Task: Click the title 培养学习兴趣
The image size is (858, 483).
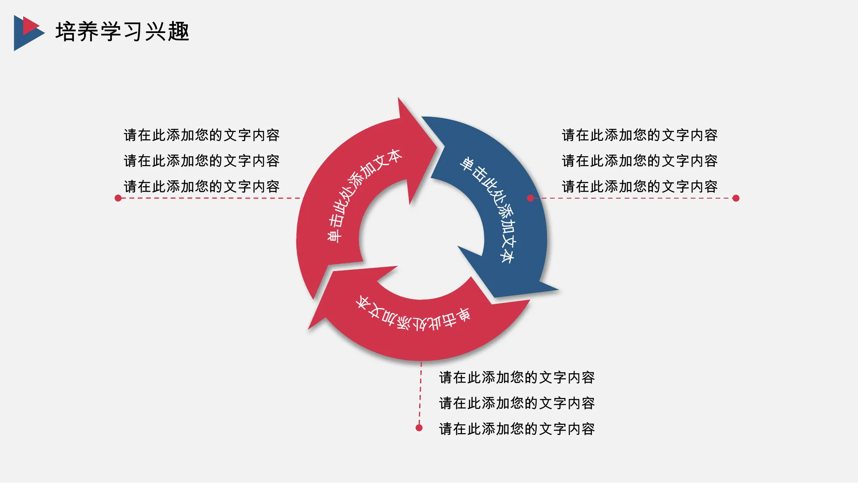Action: point(122,32)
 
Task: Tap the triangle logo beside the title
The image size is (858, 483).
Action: point(29,33)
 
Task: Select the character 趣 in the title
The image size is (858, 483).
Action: point(178,32)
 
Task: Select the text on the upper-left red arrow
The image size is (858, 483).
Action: point(363,195)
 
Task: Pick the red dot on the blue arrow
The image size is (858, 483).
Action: point(530,198)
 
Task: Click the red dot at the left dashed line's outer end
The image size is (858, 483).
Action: point(118,198)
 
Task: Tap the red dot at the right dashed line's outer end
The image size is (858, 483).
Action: point(736,198)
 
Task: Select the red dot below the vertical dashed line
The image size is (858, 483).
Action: point(419,428)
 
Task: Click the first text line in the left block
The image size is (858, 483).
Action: point(202,135)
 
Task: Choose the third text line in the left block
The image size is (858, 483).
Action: point(202,187)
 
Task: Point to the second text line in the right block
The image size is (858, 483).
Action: point(640,161)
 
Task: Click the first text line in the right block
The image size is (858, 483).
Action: point(640,135)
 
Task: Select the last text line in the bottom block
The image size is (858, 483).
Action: point(517,429)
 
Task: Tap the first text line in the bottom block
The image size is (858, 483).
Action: point(517,377)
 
